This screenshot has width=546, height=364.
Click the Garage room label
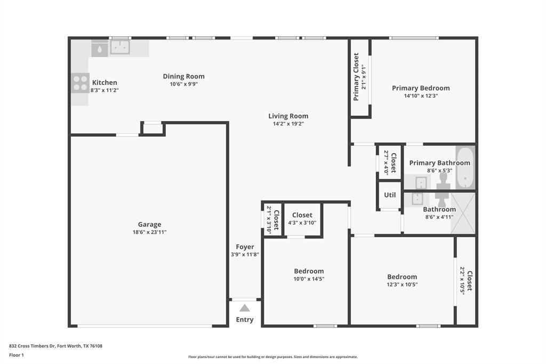[149, 225]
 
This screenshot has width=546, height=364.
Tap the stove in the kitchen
[80, 83]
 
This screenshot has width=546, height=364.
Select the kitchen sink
[119, 48]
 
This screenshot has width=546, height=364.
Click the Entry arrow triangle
[245, 308]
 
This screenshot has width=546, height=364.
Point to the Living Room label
[288, 116]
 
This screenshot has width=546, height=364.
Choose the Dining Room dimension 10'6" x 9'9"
[183, 84]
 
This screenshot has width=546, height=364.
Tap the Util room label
[390, 195]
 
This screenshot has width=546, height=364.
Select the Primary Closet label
[356, 76]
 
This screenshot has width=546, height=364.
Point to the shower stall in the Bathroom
[463, 213]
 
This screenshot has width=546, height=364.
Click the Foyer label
[245, 247]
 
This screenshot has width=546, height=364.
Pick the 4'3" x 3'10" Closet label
[302, 215]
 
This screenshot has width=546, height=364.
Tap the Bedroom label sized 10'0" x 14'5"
[309, 271]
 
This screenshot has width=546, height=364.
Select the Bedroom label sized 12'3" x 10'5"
[402, 276]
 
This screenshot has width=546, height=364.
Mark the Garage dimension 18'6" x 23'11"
[149, 232]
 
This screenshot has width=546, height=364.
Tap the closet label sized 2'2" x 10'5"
[469, 281]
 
